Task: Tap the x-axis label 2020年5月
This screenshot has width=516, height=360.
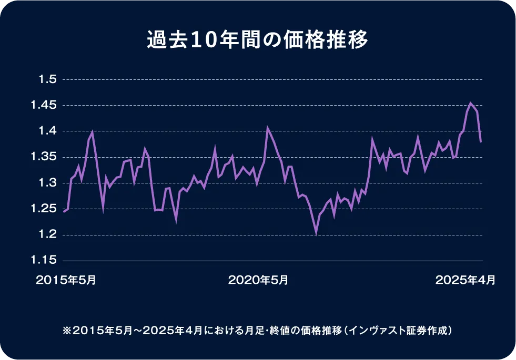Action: (x=258, y=281)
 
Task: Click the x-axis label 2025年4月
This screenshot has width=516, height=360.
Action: (x=466, y=281)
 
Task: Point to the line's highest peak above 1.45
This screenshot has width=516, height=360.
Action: (x=470, y=103)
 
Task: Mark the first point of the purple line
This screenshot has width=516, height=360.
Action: (x=64, y=211)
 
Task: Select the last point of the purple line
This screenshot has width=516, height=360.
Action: (x=481, y=141)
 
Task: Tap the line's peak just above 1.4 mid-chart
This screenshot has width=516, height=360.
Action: (x=267, y=127)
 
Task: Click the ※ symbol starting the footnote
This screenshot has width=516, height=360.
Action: (x=66, y=331)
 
